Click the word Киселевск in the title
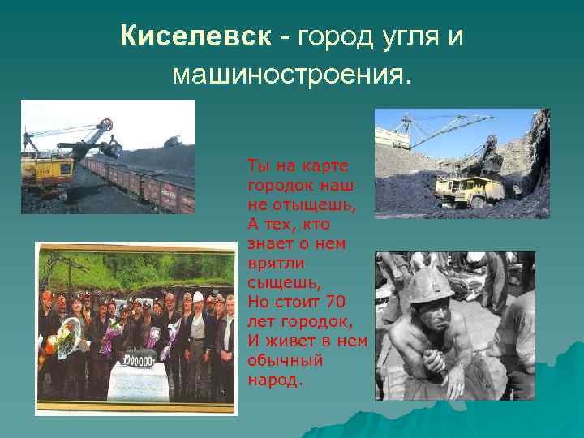[x=195, y=36]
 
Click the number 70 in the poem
[x=334, y=302]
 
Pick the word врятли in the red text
[x=272, y=263]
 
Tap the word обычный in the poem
[x=286, y=360]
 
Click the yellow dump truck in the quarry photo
[x=466, y=191]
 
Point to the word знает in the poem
[x=271, y=243]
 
